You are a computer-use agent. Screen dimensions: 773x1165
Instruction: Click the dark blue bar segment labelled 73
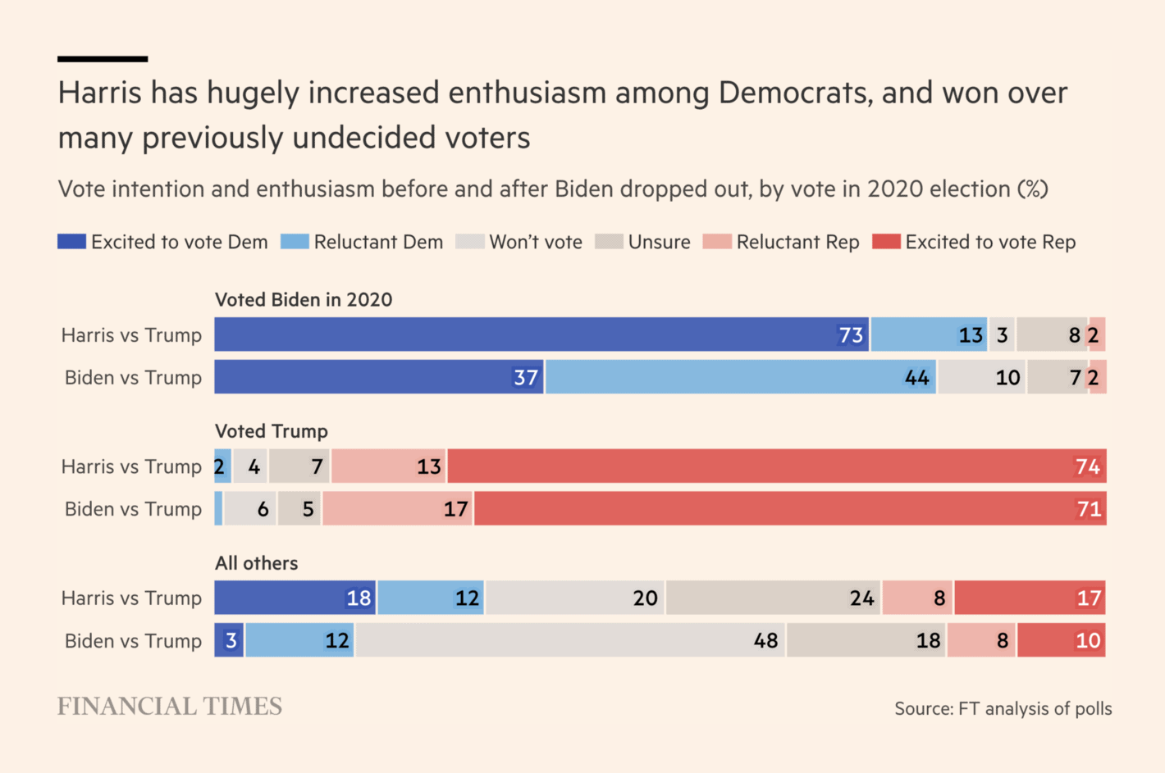(541, 334)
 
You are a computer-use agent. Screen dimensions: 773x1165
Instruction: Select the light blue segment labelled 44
(741, 377)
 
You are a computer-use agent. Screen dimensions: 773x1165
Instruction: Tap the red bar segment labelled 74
(776, 466)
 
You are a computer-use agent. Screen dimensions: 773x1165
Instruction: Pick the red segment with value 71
(789, 509)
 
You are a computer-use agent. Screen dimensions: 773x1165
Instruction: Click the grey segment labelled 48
(570, 640)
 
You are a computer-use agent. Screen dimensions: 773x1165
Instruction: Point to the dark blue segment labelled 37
(379, 377)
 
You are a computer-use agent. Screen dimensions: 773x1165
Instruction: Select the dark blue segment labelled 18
(295, 598)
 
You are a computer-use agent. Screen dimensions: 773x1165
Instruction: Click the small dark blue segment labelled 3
(229, 640)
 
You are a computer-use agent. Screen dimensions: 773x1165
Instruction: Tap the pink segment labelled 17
(397, 509)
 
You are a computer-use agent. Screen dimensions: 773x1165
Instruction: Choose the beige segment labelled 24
(773, 598)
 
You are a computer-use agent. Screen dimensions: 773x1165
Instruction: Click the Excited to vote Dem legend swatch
(71, 242)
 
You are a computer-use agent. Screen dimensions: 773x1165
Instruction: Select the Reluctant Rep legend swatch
(717, 242)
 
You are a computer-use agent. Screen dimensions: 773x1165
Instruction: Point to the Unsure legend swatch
(609, 242)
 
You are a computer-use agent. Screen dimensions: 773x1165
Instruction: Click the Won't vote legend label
(536, 242)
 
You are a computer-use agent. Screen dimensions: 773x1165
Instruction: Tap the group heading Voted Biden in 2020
(304, 300)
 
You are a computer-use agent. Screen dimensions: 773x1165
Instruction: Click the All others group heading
(256, 563)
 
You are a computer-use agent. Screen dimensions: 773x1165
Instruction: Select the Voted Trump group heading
(271, 431)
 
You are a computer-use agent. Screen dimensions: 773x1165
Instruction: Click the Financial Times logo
(170, 707)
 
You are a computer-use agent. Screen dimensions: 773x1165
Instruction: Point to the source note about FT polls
(1003, 709)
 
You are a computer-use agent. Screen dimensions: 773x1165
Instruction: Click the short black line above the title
(103, 59)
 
